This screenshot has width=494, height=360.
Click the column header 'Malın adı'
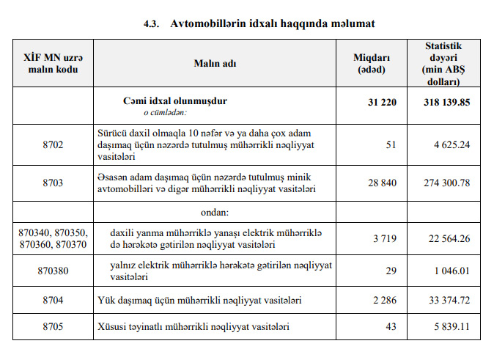pos(216,63)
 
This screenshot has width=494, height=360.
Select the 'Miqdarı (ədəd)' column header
pos(373,63)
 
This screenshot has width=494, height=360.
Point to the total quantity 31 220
pos(381,102)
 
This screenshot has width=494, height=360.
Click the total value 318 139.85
pos(446,102)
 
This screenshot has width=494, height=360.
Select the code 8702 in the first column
pos(54,145)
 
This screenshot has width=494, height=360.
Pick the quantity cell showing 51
pos(391,145)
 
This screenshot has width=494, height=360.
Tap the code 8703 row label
pos(54,182)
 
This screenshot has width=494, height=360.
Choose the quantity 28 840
pos(381,182)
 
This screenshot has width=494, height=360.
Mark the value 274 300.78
pos(446,182)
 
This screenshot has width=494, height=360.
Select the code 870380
pos(54,271)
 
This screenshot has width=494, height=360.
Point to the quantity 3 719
pos(384,238)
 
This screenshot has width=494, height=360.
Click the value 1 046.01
pos(451,271)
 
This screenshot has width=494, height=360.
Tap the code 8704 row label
pos(54,301)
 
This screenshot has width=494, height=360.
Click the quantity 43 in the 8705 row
pos(391,326)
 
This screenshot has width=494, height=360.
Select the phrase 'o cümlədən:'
pos(164,113)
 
